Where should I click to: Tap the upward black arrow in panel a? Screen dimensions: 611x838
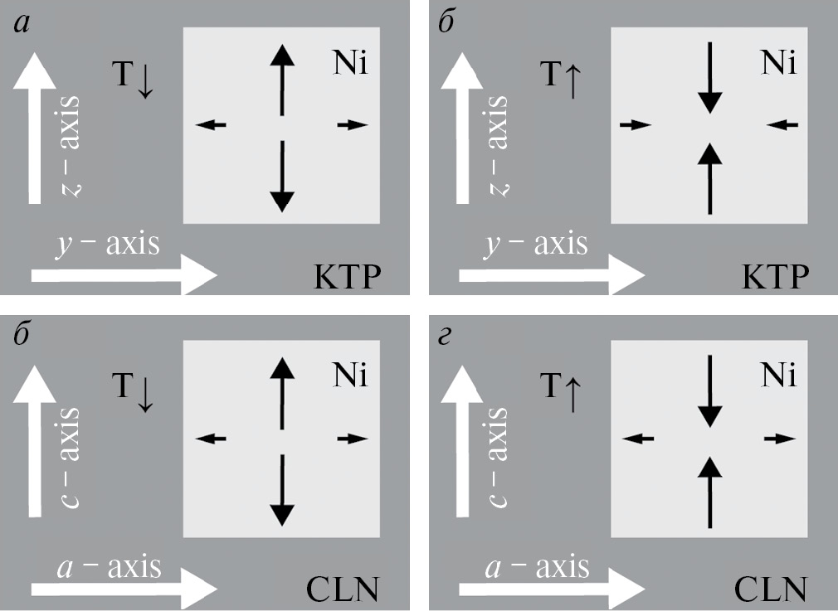point(283,80)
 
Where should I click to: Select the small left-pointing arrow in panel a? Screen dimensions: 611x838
point(211,125)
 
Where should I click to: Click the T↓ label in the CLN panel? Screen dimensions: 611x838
point(134,390)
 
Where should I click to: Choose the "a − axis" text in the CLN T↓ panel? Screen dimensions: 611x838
point(109,568)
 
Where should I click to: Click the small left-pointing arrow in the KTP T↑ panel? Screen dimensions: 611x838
point(782,125)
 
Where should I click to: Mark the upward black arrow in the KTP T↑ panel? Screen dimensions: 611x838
point(709,177)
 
